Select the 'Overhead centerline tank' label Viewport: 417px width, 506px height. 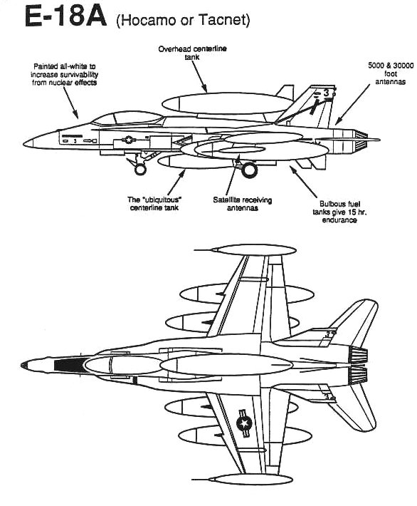(192, 53)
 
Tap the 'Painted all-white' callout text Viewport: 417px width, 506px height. (65, 75)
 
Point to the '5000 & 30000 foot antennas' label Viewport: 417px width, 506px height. (391, 73)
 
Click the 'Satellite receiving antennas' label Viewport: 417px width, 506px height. (243, 204)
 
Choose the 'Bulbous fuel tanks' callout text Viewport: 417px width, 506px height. (339, 212)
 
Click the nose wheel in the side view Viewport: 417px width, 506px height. (140, 169)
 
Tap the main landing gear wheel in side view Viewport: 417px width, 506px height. (249, 170)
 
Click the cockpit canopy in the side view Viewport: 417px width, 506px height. (127, 118)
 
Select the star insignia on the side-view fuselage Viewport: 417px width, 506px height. (129, 140)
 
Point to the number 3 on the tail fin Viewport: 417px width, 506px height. (326, 93)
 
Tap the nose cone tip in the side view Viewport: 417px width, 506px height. (23, 143)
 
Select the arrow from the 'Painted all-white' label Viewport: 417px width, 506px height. (70, 103)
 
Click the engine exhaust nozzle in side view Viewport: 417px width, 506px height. (361, 141)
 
